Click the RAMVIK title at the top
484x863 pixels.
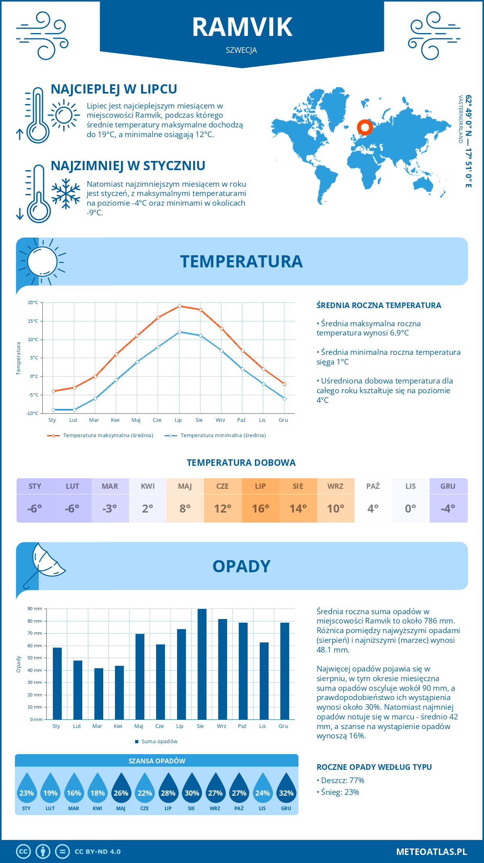tap(242, 27)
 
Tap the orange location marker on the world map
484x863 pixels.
tap(365, 127)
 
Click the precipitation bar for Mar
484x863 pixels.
tap(99, 694)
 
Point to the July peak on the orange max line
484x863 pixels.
tap(179, 306)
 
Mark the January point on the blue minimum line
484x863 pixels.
tap(53, 410)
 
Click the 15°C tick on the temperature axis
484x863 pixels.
tap(33, 321)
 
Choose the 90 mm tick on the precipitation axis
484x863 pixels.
tap(35, 609)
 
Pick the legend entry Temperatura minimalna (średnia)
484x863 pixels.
tap(223, 436)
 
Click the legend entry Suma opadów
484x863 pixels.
tap(159, 741)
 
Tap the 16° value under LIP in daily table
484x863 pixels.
tap(261, 509)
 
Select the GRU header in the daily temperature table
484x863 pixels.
tap(448, 486)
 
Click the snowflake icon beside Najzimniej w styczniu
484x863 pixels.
tap(66, 193)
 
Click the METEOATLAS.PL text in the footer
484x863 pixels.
tap(431, 852)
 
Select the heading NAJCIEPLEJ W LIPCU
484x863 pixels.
tap(114, 89)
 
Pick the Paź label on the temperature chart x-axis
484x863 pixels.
tap(241, 420)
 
